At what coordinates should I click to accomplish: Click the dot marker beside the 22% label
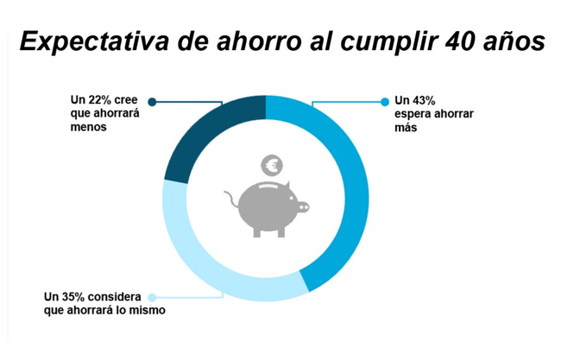coord(153,102)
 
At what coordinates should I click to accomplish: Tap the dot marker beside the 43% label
coord(385,102)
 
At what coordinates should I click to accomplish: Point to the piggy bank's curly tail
coord(231,201)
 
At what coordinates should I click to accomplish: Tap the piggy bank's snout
coord(303,207)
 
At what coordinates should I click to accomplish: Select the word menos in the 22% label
coord(89,127)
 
